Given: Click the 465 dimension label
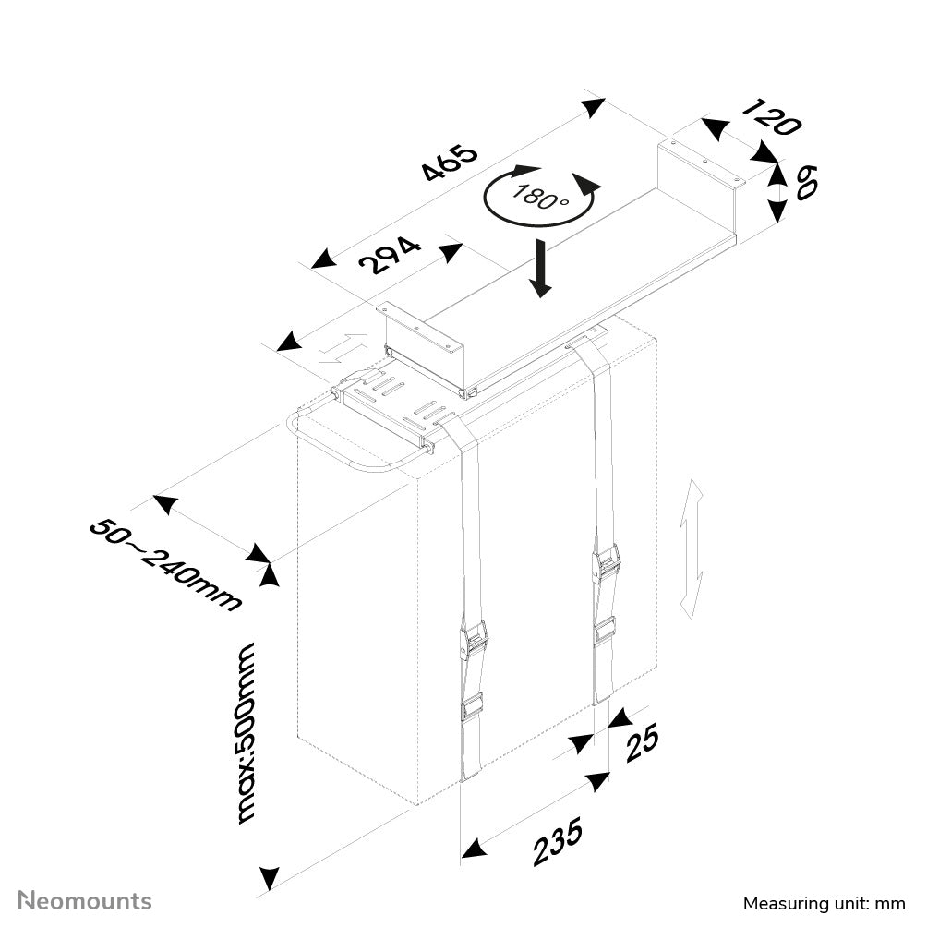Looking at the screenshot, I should point(450,163).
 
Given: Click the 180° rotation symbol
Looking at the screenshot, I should point(541,195).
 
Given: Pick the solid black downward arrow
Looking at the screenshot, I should point(541,268).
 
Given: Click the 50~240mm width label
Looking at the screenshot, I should point(165,565).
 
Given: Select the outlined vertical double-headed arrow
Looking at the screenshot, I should point(692,560).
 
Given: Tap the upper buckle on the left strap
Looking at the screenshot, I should point(474,639).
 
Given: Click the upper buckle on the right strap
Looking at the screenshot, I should point(607,562).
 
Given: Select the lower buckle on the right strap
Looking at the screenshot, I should point(605,632).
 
